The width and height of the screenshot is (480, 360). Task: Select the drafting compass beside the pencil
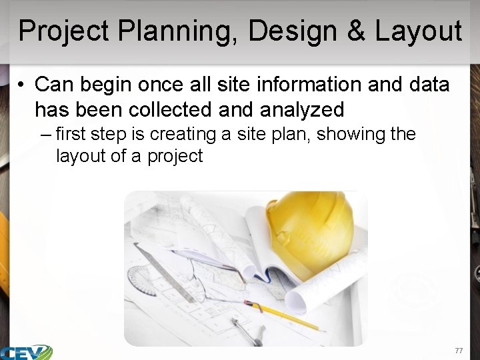[246, 329]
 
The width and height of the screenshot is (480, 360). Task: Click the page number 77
[458, 351]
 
